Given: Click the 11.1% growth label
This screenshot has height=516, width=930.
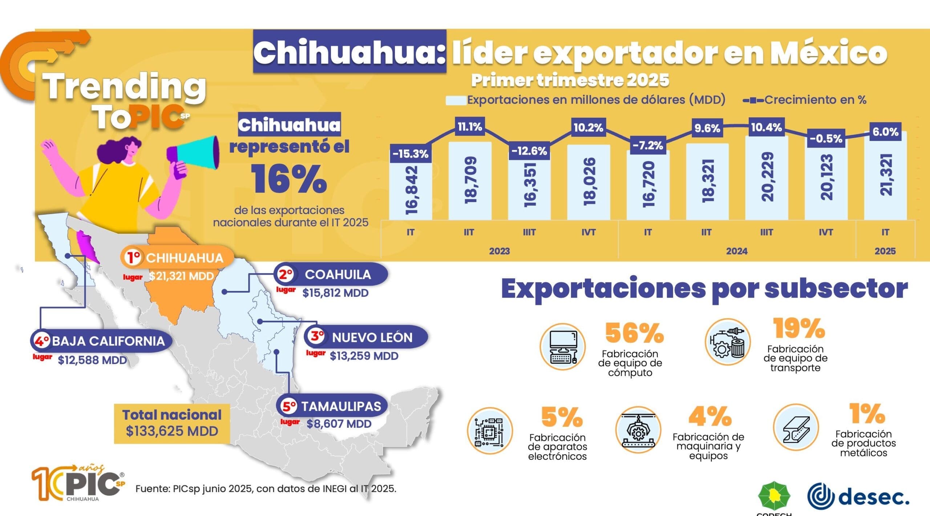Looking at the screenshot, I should pyautogui.click(x=469, y=127).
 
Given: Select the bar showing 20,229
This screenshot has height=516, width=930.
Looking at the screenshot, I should pyautogui.click(x=766, y=178).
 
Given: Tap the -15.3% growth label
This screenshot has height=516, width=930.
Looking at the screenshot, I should pyautogui.click(x=410, y=154).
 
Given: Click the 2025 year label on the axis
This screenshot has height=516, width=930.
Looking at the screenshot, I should pyautogui.click(x=885, y=251).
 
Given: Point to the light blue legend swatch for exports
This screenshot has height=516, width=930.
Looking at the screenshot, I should pyautogui.click(x=456, y=100).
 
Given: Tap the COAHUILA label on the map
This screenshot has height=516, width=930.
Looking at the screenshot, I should pyautogui.click(x=337, y=274).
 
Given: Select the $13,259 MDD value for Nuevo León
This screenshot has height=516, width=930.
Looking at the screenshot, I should pyautogui.click(x=364, y=356).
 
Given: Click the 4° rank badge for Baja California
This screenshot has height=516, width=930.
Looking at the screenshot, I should pyautogui.click(x=41, y=341).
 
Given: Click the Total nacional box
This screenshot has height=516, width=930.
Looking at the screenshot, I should pyautogui.click(x=172, y=423).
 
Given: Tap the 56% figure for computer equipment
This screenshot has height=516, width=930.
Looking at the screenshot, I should pyautogui.click(x=634, y=333).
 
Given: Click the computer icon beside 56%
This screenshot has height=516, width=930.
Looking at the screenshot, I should pyautogui.click(x=562, y=347).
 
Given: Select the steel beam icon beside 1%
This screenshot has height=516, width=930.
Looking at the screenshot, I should pyautogui.click(x=796, y=427).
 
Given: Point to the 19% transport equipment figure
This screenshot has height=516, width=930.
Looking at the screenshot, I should pyautogui.click(x=798, y=328).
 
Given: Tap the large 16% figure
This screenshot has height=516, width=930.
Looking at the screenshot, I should pyautogui.click(x=289, y=179).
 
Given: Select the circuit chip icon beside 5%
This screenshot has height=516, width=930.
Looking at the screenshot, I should pyautogui.click(x=489, y=431).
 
